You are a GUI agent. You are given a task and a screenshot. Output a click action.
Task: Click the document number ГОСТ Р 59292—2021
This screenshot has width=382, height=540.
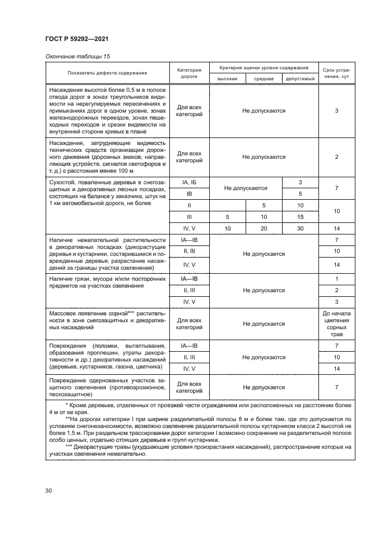point(77,39)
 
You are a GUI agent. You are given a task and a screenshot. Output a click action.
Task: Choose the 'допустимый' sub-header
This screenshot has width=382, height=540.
point(300,78)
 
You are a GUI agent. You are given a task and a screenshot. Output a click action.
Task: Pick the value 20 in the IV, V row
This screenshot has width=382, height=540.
point(264,229)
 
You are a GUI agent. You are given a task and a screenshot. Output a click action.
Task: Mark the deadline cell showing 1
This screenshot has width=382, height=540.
point(336,278)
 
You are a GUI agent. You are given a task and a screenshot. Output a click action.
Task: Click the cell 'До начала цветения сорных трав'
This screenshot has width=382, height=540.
point(336,324)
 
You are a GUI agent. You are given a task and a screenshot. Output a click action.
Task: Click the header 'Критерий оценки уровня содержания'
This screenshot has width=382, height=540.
point(264,68)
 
